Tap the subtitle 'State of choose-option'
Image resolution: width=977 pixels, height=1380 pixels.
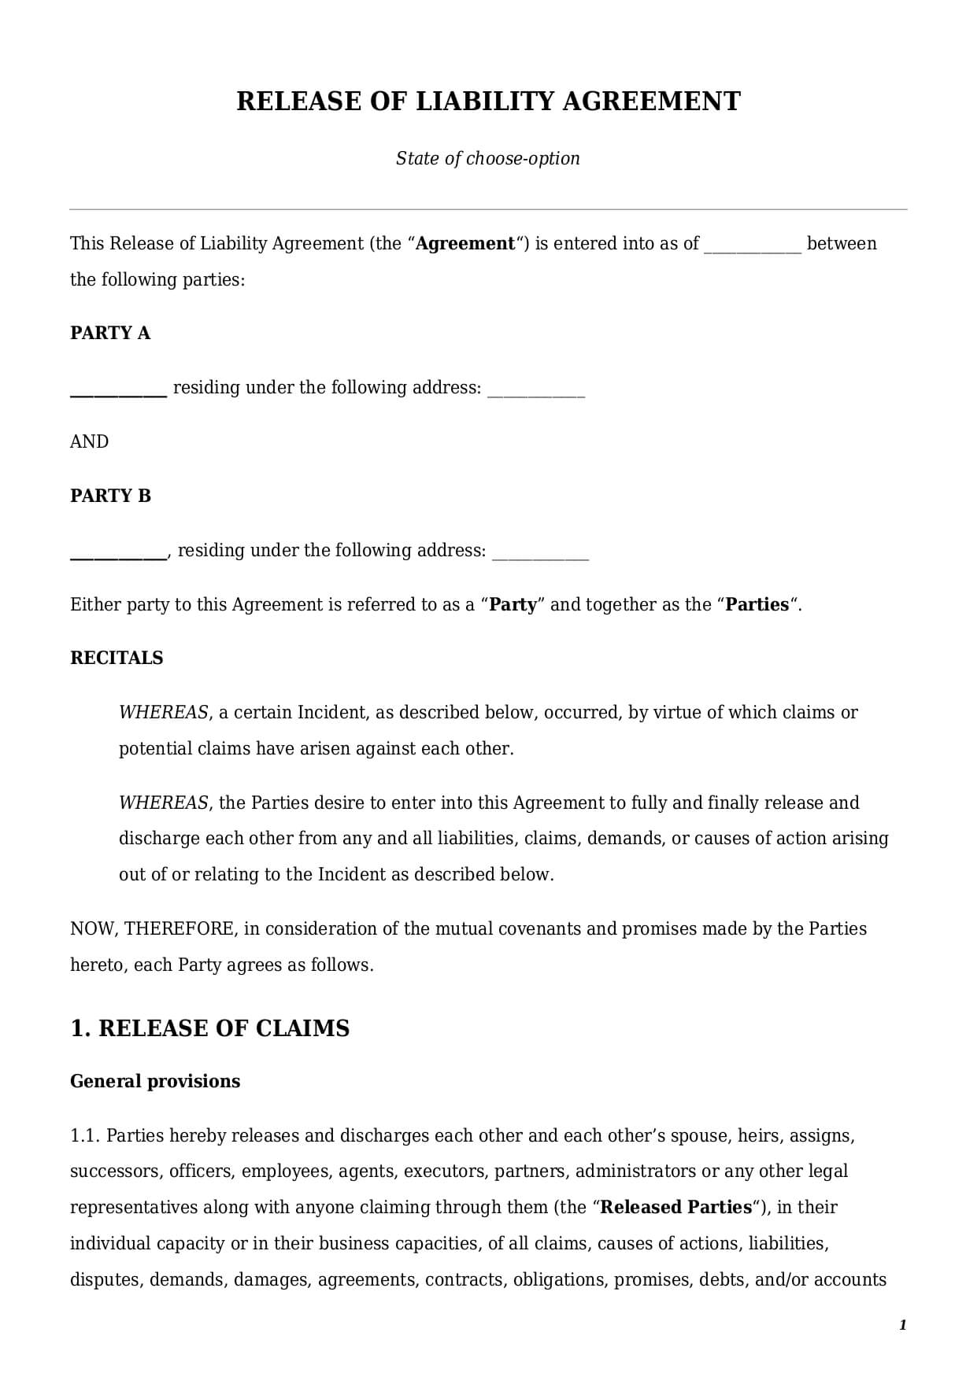coord(487,158)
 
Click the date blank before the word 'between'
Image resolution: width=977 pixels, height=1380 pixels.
coord(752,245)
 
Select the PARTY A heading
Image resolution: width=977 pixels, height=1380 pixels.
coord(110,333)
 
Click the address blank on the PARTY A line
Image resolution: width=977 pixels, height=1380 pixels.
coord(536,390)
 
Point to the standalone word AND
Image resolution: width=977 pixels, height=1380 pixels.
coord(89,441)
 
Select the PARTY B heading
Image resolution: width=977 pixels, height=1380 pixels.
coord(110,496)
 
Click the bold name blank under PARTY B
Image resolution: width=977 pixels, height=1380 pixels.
coord(118,552)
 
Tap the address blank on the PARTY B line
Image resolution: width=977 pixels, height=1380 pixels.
coord(540,552)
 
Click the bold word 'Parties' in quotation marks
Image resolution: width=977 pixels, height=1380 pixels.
coord(757,604)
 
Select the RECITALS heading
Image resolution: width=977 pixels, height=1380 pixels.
coord(117,658)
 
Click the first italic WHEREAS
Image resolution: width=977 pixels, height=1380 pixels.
coord(163,712)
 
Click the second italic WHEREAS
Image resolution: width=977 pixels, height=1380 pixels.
coord(163,803)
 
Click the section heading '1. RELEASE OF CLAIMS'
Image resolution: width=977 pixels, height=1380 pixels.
coord(210,1028)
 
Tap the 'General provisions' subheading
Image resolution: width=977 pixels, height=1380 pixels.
coord(155,1081)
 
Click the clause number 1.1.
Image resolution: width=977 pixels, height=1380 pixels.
coord(85,1135)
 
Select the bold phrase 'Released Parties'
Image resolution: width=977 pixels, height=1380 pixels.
coord(675,1207)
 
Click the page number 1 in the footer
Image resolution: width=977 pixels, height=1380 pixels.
coord(902,1325)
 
